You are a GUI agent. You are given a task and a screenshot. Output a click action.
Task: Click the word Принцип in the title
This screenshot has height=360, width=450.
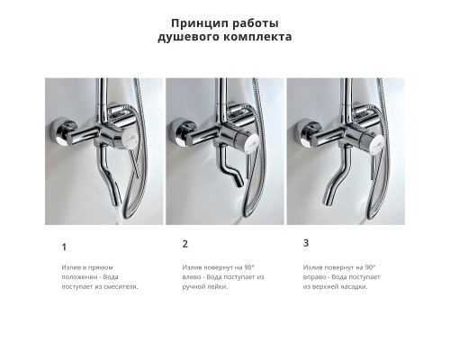(196, 22)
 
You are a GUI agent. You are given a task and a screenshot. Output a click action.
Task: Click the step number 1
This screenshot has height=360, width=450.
(64, 247)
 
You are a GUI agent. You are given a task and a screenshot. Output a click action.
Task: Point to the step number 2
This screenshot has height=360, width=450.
(185, 244)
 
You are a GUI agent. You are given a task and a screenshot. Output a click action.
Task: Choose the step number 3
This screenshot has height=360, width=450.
(306, 243)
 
